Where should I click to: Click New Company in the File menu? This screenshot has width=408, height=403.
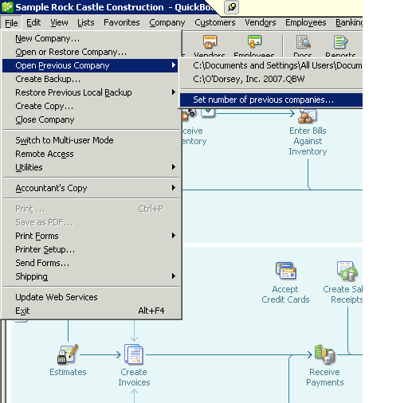click(x=47, y=38)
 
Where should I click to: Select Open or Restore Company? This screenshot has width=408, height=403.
click(x=70, y=52)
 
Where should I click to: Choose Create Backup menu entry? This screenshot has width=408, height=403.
click(x=48, y=79)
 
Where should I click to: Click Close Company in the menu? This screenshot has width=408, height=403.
click(x=45, y=119)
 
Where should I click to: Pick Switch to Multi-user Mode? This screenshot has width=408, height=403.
click(x=64, y=140)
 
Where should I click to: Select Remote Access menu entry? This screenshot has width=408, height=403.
click(x=44, y=154)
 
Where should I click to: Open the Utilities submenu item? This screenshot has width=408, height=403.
click(x=29, y=167)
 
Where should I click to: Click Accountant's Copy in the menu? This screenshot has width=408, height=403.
click(x=51, y=188)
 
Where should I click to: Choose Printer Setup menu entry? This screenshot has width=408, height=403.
click(x=45, y=249)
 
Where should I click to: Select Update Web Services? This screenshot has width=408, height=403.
click(x=56, y=297)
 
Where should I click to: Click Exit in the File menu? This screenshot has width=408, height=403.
click(x=22, y=311)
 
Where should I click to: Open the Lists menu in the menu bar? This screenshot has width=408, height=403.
click(x=86, y=22)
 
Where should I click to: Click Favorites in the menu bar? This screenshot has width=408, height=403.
click(x=121, y=22)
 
